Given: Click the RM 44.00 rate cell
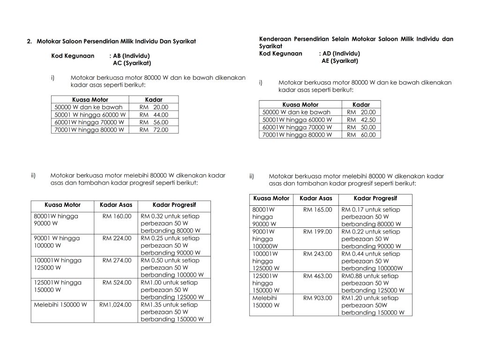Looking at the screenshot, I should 154,115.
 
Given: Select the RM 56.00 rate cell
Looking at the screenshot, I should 154,122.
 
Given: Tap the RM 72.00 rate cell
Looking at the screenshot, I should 154,130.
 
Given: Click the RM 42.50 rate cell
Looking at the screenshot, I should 361,120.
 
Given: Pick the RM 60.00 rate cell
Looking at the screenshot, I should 361,135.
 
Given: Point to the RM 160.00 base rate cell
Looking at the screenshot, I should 117,216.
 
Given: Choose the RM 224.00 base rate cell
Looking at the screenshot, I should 117,238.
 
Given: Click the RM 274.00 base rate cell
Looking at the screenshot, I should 117,260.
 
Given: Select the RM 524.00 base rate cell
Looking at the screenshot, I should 117,283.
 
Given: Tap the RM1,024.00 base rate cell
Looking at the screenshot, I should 115,305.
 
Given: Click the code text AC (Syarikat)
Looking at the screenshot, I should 132,63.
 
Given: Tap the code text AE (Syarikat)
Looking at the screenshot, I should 340,61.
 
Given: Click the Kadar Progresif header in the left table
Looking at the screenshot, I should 174,205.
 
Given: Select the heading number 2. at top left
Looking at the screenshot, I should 30,41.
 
